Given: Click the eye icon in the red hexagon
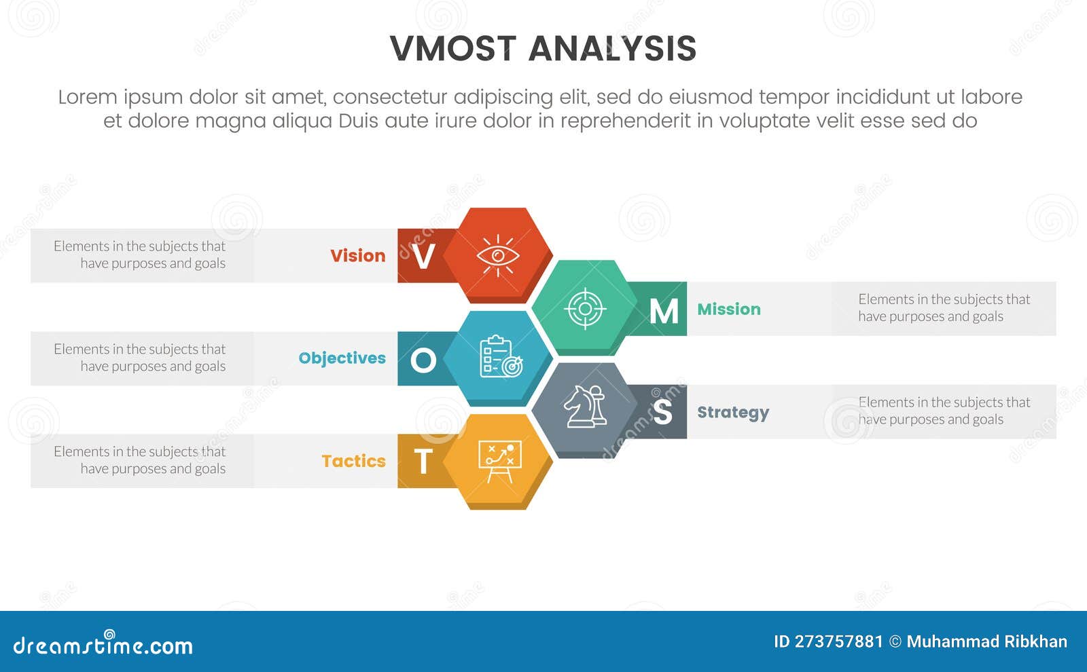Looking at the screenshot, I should click(498, 256).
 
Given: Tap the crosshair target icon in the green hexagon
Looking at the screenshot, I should click(585, 309).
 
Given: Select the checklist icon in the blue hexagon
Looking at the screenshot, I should click(501, 357).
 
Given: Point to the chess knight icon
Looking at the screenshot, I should click(585, 407).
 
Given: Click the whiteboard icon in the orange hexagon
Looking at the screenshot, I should click(500, 462).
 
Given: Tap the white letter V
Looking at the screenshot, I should click(423, 257).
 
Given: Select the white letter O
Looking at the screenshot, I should click(423, 360).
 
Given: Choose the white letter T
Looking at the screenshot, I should click(423, 462).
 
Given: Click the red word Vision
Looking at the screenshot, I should click(357, 256).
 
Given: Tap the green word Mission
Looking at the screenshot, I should click(728, 310).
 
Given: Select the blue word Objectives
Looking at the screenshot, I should click(342, 358).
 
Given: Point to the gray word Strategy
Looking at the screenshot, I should click(732, 413).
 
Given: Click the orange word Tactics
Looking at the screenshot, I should click(353, 462).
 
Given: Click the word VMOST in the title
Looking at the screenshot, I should click(453, 49).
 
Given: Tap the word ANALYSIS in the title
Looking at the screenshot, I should click(612, 49).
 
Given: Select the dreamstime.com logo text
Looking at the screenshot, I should click(103, 646).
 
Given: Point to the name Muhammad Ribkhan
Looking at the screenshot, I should click(986, 641).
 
